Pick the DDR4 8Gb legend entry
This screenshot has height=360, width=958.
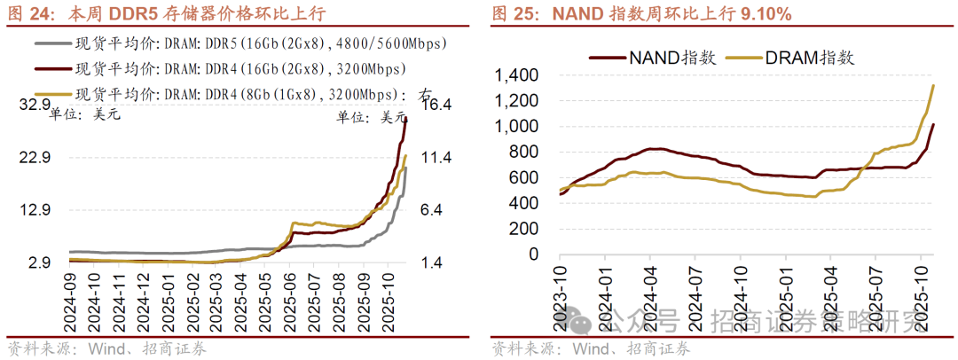pyautogui.click(x=239, y=93)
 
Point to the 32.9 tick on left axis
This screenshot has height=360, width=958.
pyautogui.click(x=35, y=106)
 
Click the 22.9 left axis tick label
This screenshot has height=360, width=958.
pyautogui.click(x=35, y=158)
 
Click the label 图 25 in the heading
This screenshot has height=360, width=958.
pyautogui.click(x=511, y=14)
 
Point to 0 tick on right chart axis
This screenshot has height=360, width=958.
pyautogui.click(x=533, y=254)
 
